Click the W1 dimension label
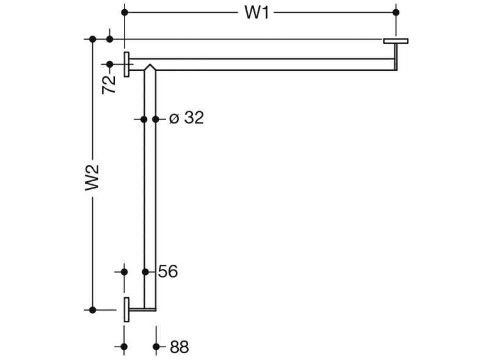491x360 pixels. (x=256, y=13)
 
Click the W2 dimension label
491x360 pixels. (x=92, y=178)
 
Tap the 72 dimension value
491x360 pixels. (x=109, y=84)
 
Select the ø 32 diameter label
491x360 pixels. (x=187, y=118)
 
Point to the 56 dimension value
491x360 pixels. (x=168, y=271)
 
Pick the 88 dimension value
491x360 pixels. (x=180, y=347)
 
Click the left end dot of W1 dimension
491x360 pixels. (x=125, y=13)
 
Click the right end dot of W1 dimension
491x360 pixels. (x=396, y=13)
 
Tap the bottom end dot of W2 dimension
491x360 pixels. (x=92, y=310)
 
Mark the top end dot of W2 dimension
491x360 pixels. (x=92, y=39)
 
